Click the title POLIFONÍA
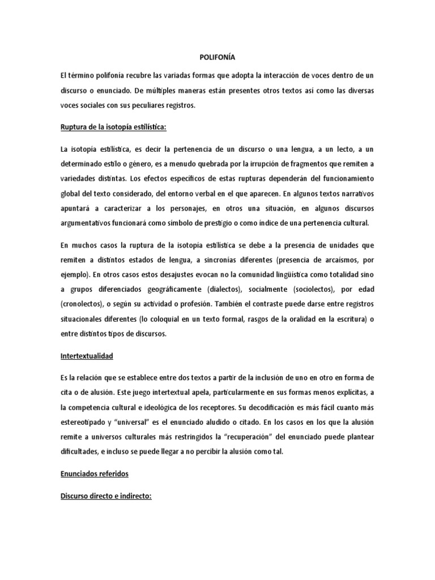[x=217, y=57]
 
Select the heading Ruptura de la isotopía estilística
[x=112, y=127]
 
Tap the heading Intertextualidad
[x=87, y=356]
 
